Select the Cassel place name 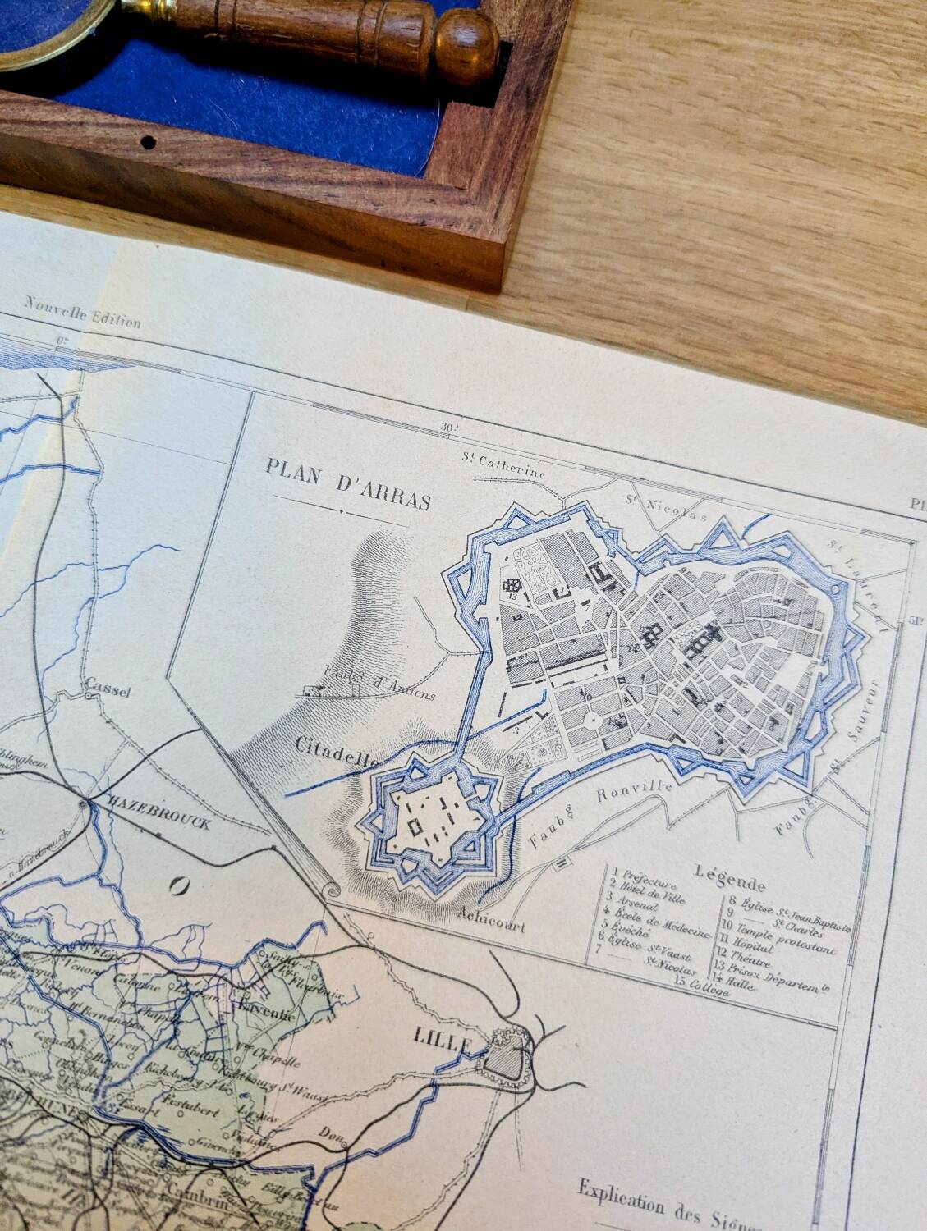[x=108, y=690]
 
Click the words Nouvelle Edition [x=82, y=313]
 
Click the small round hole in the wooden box [x=148, y=142]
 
